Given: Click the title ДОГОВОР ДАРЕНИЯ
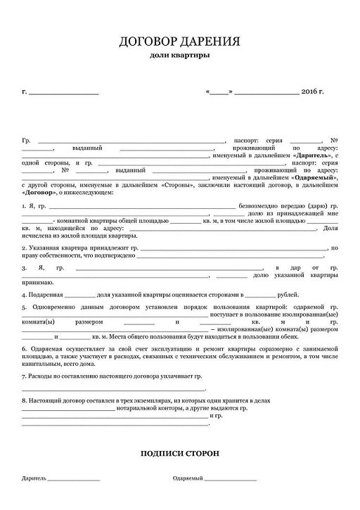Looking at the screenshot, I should coord(179,42).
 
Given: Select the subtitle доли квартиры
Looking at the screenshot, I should coord(179,55).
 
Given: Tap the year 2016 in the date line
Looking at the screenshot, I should coord(309,92).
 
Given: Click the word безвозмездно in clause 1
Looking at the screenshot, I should coord(262,205).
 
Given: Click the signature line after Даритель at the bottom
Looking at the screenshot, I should coord(74,479).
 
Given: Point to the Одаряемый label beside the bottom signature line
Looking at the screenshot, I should coord(187,478).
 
